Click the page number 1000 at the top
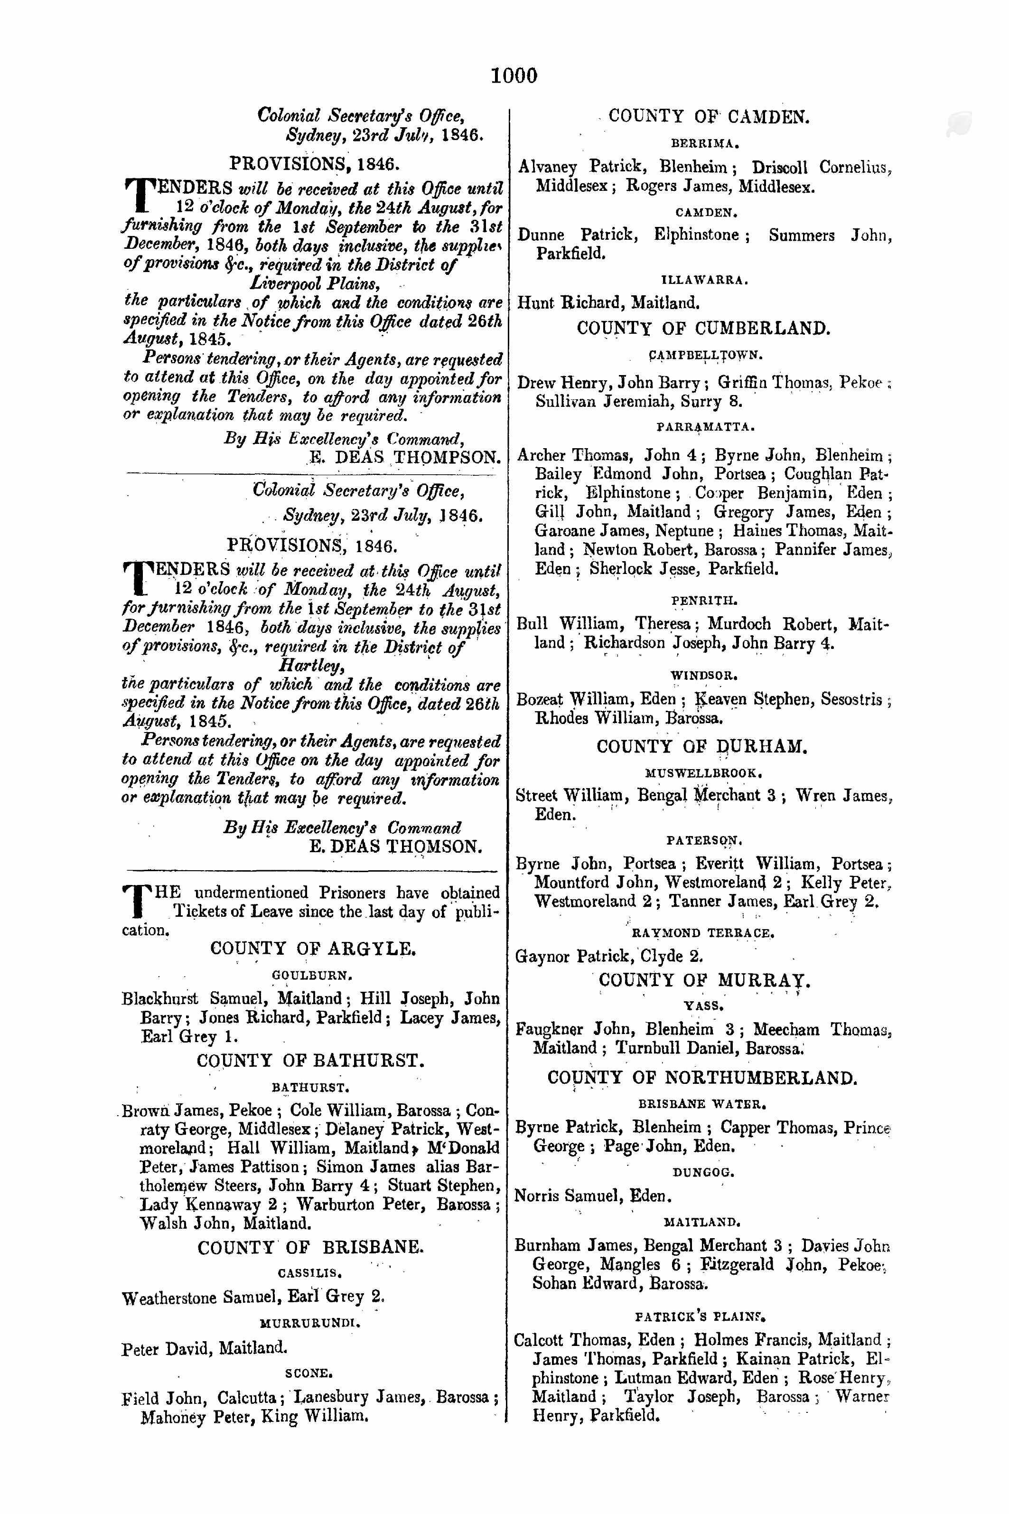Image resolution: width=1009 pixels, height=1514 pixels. [514, 75]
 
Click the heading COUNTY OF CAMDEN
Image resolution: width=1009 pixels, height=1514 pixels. [709, 116]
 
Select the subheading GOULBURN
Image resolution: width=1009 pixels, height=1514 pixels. [311, 975]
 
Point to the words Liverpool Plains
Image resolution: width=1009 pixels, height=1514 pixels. [315, 283]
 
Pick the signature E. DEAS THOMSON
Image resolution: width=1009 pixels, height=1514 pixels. [395, 846]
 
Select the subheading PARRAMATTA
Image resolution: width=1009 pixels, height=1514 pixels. [705, 427]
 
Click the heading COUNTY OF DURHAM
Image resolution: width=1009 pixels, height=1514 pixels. [701, 747]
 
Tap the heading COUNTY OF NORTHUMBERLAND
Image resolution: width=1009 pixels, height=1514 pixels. [701, 1078]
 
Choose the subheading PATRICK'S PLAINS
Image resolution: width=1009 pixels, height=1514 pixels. [700, 1317]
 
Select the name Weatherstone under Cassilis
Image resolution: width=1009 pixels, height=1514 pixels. [170, 1298]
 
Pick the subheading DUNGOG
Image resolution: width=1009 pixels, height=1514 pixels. [703, 1172]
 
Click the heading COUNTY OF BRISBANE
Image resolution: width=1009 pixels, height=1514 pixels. [310, 1248]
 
